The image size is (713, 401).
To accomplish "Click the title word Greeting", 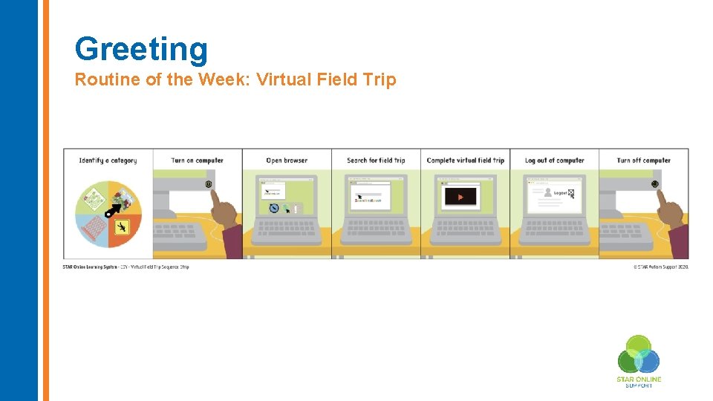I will click(141, 49).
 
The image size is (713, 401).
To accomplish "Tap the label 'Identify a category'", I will click(108, 160).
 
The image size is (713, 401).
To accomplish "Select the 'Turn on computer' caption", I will click(197, 160).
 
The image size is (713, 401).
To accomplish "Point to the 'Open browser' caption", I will click(287, 160).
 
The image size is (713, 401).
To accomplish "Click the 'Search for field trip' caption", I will click(376, 160).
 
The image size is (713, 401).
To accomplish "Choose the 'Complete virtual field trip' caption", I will click(465, 160).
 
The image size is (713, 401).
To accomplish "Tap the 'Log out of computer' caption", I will click(554, 160).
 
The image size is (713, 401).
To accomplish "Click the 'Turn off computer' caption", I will click(643, 160).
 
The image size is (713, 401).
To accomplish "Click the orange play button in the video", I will click(461, 198).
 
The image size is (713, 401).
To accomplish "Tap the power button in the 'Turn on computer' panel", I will click(209, 184).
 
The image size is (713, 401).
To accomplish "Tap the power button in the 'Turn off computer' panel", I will click(654, 183).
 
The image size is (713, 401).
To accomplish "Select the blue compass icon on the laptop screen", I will click(274, 209).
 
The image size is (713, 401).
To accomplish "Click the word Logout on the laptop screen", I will click(560, 193).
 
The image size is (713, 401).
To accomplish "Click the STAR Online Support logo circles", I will click(639, 355).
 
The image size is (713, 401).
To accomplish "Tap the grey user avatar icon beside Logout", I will click(547, 192).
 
